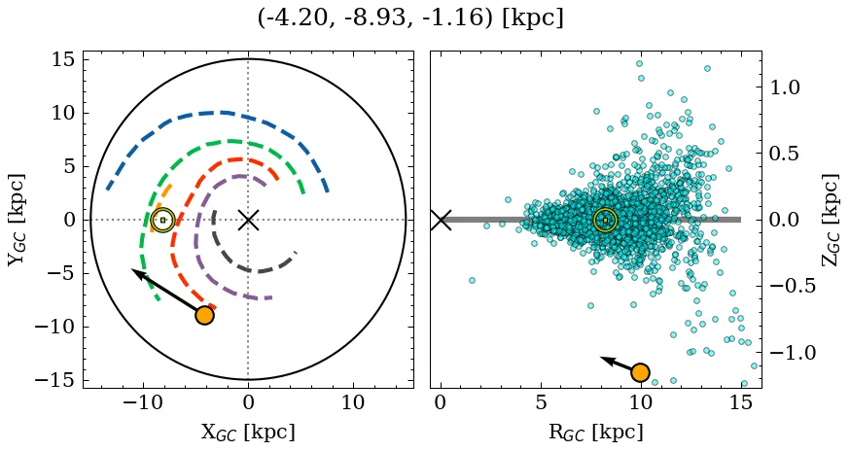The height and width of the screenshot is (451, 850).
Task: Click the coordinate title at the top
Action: (410, 18)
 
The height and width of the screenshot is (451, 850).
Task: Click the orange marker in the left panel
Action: (204, 315)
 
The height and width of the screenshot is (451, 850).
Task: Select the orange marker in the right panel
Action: (640, 372)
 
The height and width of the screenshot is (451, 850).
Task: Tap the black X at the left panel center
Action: (248, 220)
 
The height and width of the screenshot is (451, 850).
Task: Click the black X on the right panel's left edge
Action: (441, 220)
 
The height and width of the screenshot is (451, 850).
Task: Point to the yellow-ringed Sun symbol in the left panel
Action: (162, 220)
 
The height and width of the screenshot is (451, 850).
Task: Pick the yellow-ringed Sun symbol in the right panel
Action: (605, 220)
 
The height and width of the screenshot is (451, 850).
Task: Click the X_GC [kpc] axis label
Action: (247, 432)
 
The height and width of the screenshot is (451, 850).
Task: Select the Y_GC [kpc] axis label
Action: (16, 220)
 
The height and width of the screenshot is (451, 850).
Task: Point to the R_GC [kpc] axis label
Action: (595, 432)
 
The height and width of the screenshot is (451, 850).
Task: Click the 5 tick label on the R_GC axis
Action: (540, 402)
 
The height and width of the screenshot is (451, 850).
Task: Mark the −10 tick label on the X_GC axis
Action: (143, 402)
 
